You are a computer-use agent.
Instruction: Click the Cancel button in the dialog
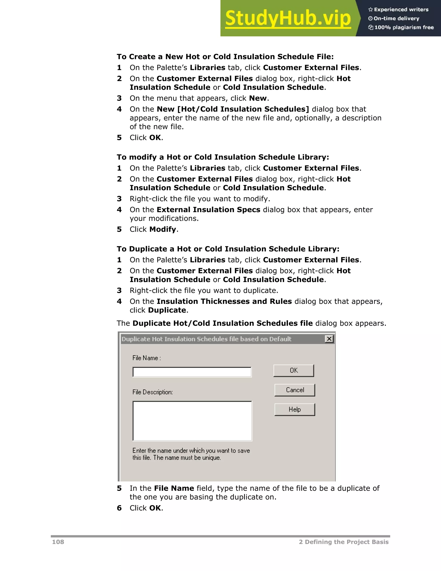(295, 390)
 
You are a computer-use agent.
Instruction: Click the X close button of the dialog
(329, 339)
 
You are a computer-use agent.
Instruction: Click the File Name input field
(192, 372)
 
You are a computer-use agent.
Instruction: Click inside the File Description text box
(192, 421)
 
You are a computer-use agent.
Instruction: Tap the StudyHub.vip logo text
(288, 18)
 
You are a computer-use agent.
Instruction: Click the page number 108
(58, 542)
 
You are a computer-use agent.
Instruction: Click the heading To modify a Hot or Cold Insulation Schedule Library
(223, 157)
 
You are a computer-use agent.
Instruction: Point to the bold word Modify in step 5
(163, 229)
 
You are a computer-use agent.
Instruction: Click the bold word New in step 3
(258, 98)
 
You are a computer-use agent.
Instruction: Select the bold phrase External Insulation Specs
(208, 210)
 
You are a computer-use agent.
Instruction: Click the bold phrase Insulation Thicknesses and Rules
(224, 301)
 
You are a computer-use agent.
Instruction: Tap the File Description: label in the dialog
(153, 392)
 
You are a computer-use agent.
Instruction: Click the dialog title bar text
(206, 339)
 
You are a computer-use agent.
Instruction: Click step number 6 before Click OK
(119, 508)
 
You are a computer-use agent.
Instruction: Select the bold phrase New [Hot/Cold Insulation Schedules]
(233, 109)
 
